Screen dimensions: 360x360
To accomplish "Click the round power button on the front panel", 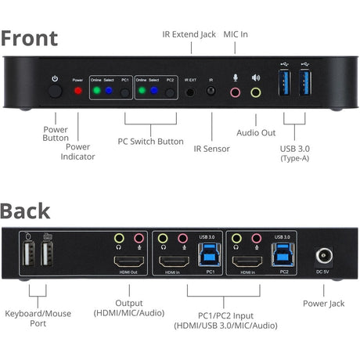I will click(x=54, y=91).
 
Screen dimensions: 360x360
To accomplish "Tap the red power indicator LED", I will click(x=77, y=91).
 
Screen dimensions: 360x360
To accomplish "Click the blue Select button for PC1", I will click(x=110, y=91).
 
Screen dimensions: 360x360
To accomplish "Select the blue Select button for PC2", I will click(x=156, y=91).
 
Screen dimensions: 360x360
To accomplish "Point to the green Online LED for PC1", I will click(x=95, y=91).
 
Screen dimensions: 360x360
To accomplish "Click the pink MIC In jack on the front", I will click(x=235, y=92).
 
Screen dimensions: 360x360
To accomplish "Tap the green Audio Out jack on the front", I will click(x=255, y=92).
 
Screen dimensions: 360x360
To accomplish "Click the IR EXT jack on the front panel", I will click(x=190, y=91).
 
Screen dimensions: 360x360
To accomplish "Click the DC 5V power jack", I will click(x=322, y=257).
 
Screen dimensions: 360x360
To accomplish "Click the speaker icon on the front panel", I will click(x=255, y=77).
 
